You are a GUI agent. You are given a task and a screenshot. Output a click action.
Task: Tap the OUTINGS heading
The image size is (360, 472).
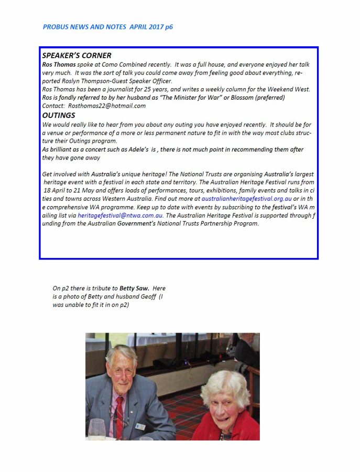point(59,115)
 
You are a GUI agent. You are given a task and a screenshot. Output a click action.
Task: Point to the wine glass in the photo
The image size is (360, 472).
point(97,429)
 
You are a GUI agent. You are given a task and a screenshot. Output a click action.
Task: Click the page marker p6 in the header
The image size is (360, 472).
point(168,27)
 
